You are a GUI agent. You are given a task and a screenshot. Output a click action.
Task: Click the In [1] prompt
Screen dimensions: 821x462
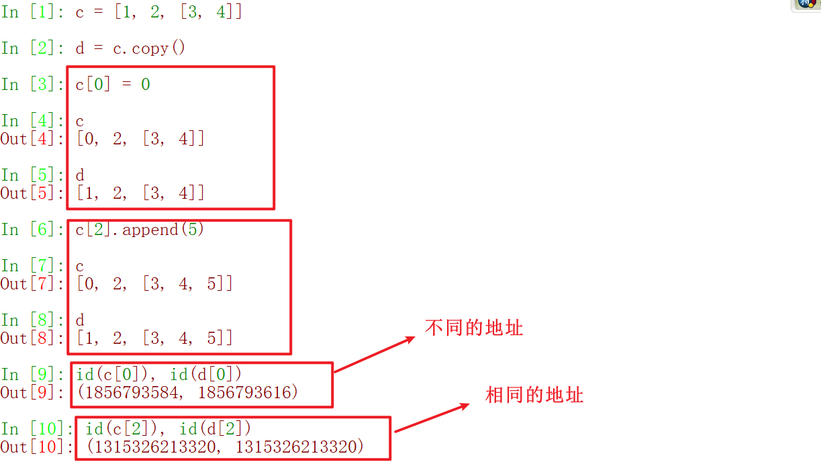[x=33, y=12]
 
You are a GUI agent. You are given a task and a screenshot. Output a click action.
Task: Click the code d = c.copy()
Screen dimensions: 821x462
[x=130, y=48]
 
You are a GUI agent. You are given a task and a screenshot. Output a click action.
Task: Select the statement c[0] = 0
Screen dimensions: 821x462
[x=113, y=85]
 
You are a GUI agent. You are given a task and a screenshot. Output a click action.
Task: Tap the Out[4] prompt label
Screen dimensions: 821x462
[x=32, y=139]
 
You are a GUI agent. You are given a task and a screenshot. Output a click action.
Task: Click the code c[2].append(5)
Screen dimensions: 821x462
[x=140, y=230]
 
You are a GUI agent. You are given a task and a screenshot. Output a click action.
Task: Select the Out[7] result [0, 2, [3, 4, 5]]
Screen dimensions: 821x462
[x=154, y=284]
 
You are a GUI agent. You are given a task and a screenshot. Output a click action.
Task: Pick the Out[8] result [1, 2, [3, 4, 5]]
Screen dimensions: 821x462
[x=154, y=338]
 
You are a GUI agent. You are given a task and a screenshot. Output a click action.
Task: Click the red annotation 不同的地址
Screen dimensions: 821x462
[x=474, y=328]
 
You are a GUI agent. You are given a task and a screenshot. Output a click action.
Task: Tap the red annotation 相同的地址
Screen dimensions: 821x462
[x=534, y=395]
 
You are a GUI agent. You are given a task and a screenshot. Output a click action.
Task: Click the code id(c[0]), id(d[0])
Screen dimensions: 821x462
[x=159, y=374]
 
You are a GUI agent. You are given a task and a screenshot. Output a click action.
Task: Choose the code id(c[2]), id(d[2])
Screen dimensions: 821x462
[x=168, y=428]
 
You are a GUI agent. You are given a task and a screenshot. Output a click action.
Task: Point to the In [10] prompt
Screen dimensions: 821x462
[x=37, y=428]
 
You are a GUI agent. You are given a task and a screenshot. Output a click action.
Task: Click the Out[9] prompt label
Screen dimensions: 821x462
[x=32, y=393]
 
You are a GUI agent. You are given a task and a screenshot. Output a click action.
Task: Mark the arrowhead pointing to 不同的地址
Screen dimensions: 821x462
[x=409, y=340]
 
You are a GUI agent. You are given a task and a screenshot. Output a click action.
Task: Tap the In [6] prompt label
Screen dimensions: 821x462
[x=33, y=230]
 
